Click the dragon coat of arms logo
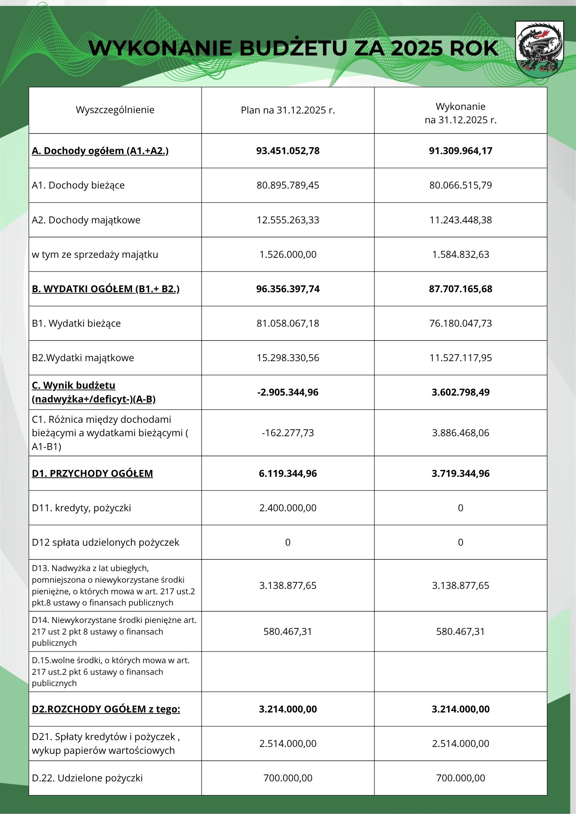[539, 49]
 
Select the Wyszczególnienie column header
[115, 110]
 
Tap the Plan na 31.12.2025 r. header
[288, 110]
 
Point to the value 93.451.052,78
[288, 151]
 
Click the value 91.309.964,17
[461, 151]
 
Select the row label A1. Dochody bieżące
[78, 185]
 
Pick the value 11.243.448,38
[461, 220]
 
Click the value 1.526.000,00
[288, 255]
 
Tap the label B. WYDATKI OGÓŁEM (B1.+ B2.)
[106, 289]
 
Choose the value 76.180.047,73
[461, 323]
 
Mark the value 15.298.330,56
[288, 358]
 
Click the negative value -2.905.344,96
[288, 392]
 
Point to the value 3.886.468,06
[461, 433]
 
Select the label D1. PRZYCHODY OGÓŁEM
[92, 474]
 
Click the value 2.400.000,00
[288, 508]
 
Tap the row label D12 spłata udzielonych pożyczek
[105, 542]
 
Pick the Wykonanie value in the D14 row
[461, 632]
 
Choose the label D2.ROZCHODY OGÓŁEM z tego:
[106, 709]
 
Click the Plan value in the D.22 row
[288, 778]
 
